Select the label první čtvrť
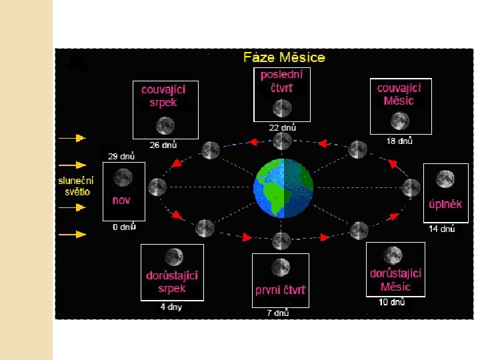[x=281, y=290]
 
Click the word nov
[x=121, y=200]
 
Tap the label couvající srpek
[x=163, y=95]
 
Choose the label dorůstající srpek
[x=172, y=282]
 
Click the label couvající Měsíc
[x=399, y=95]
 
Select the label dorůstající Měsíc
[x=396, y=280]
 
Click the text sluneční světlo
[x=75, y=186]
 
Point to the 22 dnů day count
[x=283, y=127]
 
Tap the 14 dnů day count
[x=441, y=229]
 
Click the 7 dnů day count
[x=278, y=313]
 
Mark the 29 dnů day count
[x=122, y=156]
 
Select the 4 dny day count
[x=171, y=307]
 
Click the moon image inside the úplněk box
[x=445, y=179]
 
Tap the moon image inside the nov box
[x=123, y=177]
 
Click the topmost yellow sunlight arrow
[x=72, y=138]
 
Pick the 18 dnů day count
[x=399, y=141]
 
